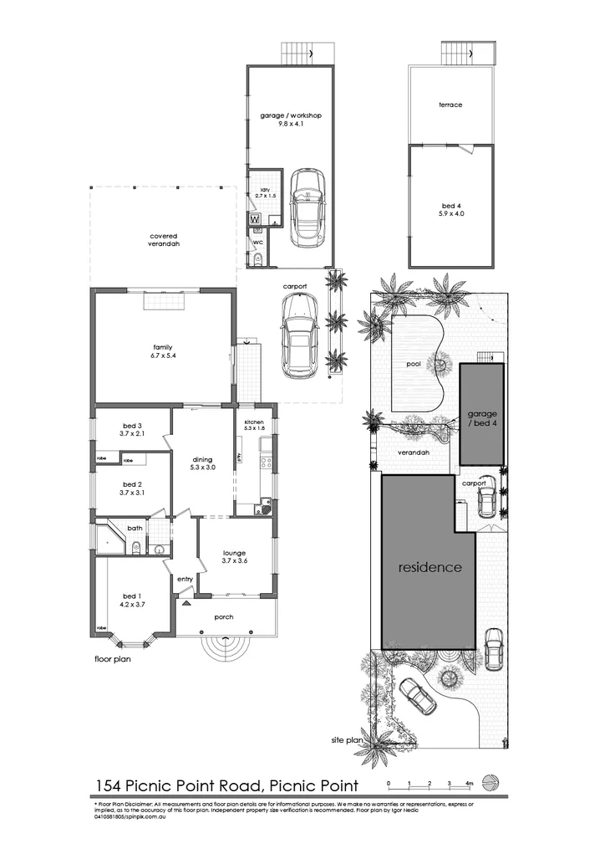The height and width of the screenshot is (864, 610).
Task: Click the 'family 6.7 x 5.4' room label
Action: pos(162,351)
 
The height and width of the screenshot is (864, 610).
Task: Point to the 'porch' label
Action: pos(223,617)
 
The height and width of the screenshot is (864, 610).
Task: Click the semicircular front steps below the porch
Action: pos(224,648)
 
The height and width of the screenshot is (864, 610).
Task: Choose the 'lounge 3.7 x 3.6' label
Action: pos(233,556)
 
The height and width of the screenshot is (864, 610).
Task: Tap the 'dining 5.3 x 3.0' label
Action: pos(202,463)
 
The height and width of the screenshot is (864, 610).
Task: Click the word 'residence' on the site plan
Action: pos(429,566)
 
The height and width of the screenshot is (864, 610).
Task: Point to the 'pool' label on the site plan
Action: pos(414,365)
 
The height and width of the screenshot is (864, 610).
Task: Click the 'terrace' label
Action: pos(450,105)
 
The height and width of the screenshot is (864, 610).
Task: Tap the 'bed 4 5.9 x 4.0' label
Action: pos(450,209)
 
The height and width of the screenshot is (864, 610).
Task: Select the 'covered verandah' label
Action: pos(165,239)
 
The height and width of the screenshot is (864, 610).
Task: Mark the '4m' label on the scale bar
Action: pos(470,784)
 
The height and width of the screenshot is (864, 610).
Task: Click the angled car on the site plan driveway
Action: pos(417,696)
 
